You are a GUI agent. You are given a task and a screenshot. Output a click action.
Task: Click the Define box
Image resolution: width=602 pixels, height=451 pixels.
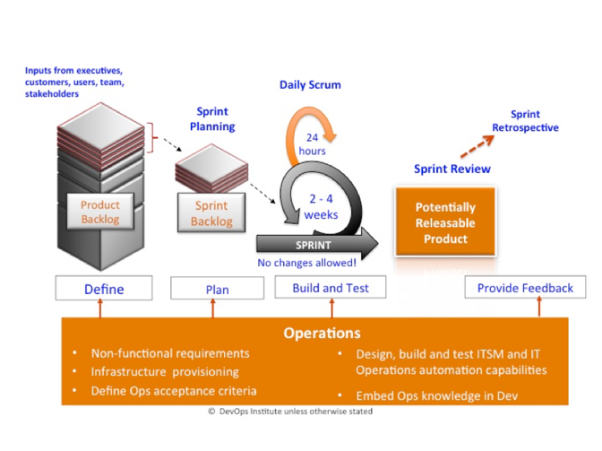104,288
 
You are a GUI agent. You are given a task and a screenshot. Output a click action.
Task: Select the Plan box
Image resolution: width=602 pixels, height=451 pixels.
218,288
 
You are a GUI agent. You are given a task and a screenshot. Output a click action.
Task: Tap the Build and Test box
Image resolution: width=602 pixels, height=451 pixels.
331,287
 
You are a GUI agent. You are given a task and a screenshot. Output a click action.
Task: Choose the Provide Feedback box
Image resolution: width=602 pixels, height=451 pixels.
525,287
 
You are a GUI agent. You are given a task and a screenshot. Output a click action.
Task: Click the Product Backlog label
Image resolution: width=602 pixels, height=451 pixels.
100,212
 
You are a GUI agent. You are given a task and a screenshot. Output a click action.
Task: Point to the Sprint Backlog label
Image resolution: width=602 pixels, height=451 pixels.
211,212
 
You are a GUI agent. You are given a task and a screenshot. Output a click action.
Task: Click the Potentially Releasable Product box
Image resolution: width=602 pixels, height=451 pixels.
445,222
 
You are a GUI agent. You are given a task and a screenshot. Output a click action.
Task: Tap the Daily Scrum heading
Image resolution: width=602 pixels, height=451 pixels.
310,85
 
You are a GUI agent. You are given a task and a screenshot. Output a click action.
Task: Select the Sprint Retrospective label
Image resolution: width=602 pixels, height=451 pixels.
525,121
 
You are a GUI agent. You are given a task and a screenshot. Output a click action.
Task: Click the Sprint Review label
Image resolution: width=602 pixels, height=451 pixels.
452,169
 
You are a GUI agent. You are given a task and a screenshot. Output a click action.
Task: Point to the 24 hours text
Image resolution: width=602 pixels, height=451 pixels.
312,144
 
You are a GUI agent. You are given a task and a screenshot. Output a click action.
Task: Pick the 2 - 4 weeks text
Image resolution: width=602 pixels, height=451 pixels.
321,207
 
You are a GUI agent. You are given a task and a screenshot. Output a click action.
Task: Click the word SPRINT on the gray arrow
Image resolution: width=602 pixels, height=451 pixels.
313,245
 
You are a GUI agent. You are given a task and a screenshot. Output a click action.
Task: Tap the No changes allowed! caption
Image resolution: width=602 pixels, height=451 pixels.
306,263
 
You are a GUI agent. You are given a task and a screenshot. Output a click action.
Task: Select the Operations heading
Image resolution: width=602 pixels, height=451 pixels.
322,333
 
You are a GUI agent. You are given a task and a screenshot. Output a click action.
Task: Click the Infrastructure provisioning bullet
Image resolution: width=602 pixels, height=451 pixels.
165,372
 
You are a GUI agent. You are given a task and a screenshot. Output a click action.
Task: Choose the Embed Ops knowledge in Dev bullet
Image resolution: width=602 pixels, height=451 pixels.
437,395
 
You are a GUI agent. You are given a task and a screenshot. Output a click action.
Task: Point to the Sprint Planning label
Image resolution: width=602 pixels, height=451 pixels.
212,118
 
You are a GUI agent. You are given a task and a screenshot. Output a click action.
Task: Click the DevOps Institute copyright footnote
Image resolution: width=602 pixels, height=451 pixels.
290,412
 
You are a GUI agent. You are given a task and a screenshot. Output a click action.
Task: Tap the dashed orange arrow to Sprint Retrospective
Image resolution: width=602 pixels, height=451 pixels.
477,146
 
